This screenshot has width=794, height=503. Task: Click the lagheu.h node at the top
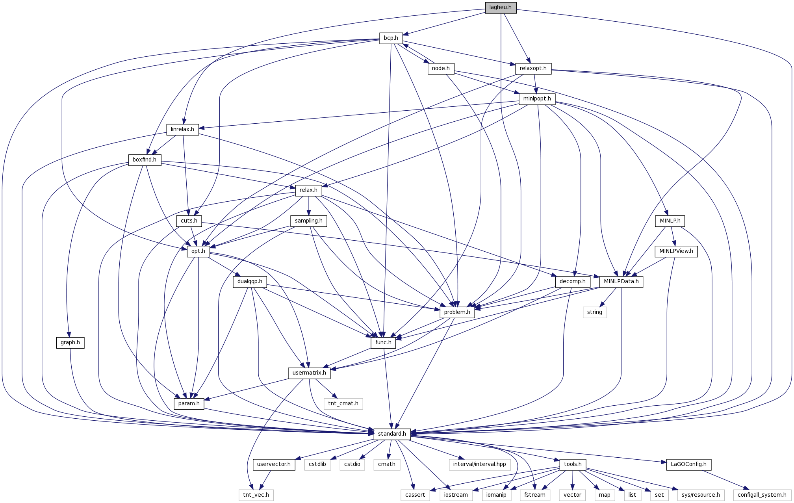click(500, 7)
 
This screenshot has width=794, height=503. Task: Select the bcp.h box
click(391, 38)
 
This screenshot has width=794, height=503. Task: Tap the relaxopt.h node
click(533, 69)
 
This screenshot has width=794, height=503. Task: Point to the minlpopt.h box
click(537, 99)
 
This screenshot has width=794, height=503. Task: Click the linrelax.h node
click(182, 130)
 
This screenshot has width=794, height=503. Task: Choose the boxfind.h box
click(144, 160)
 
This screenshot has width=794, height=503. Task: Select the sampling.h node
click(308, 221)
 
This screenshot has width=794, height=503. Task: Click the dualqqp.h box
click(250, 282)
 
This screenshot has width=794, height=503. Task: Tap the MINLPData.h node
click(621, 282)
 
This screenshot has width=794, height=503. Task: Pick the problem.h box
click(457, 312)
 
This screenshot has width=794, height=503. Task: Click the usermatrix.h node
click(309, 373)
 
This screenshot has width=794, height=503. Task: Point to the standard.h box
click(392, 434)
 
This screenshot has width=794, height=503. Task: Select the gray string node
click(594, 312)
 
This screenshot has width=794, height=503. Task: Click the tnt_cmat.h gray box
click(343, 404)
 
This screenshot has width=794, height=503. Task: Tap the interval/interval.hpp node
click(479, 464)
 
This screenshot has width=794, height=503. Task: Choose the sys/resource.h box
click(701, 495)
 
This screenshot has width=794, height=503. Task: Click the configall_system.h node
click(762, 495)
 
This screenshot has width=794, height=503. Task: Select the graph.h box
click(70, 343)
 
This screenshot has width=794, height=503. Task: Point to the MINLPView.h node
click(676, 251)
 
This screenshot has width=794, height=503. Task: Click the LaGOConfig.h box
click(688, 464)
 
